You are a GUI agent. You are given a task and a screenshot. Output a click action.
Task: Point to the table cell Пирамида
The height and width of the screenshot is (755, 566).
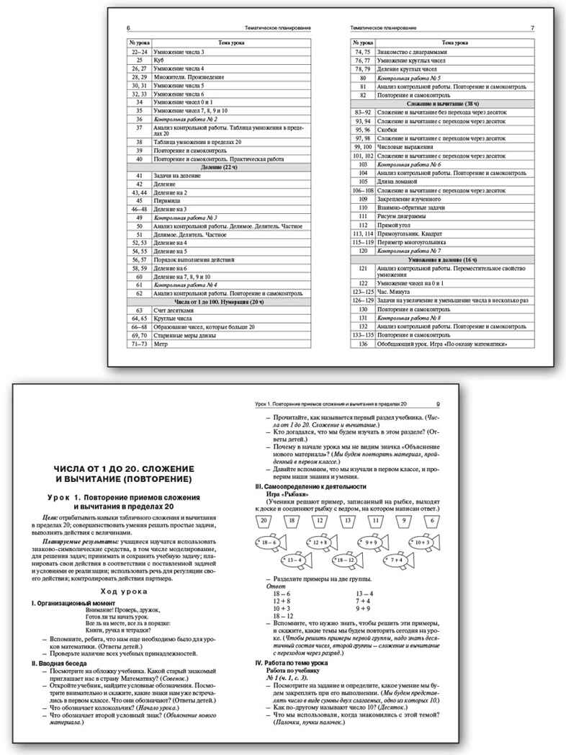coord(168,201)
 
